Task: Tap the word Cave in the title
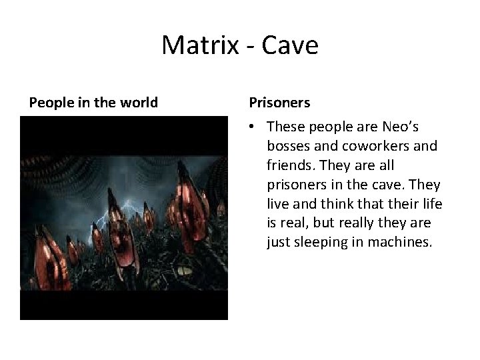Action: tap(291, 45)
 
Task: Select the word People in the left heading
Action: tap(49, 103)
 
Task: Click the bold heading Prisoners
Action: tap(279, 103)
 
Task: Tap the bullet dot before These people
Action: tap(253, 127)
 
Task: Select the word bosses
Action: tap(287, 145)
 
